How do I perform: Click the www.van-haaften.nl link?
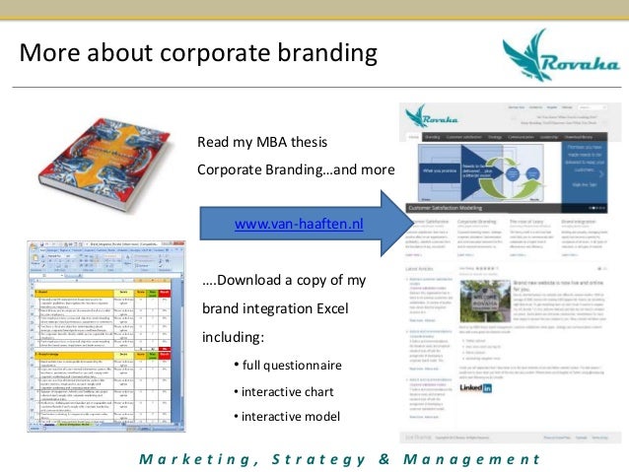(x=299, y=224)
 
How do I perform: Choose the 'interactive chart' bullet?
(x=282, y=392)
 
